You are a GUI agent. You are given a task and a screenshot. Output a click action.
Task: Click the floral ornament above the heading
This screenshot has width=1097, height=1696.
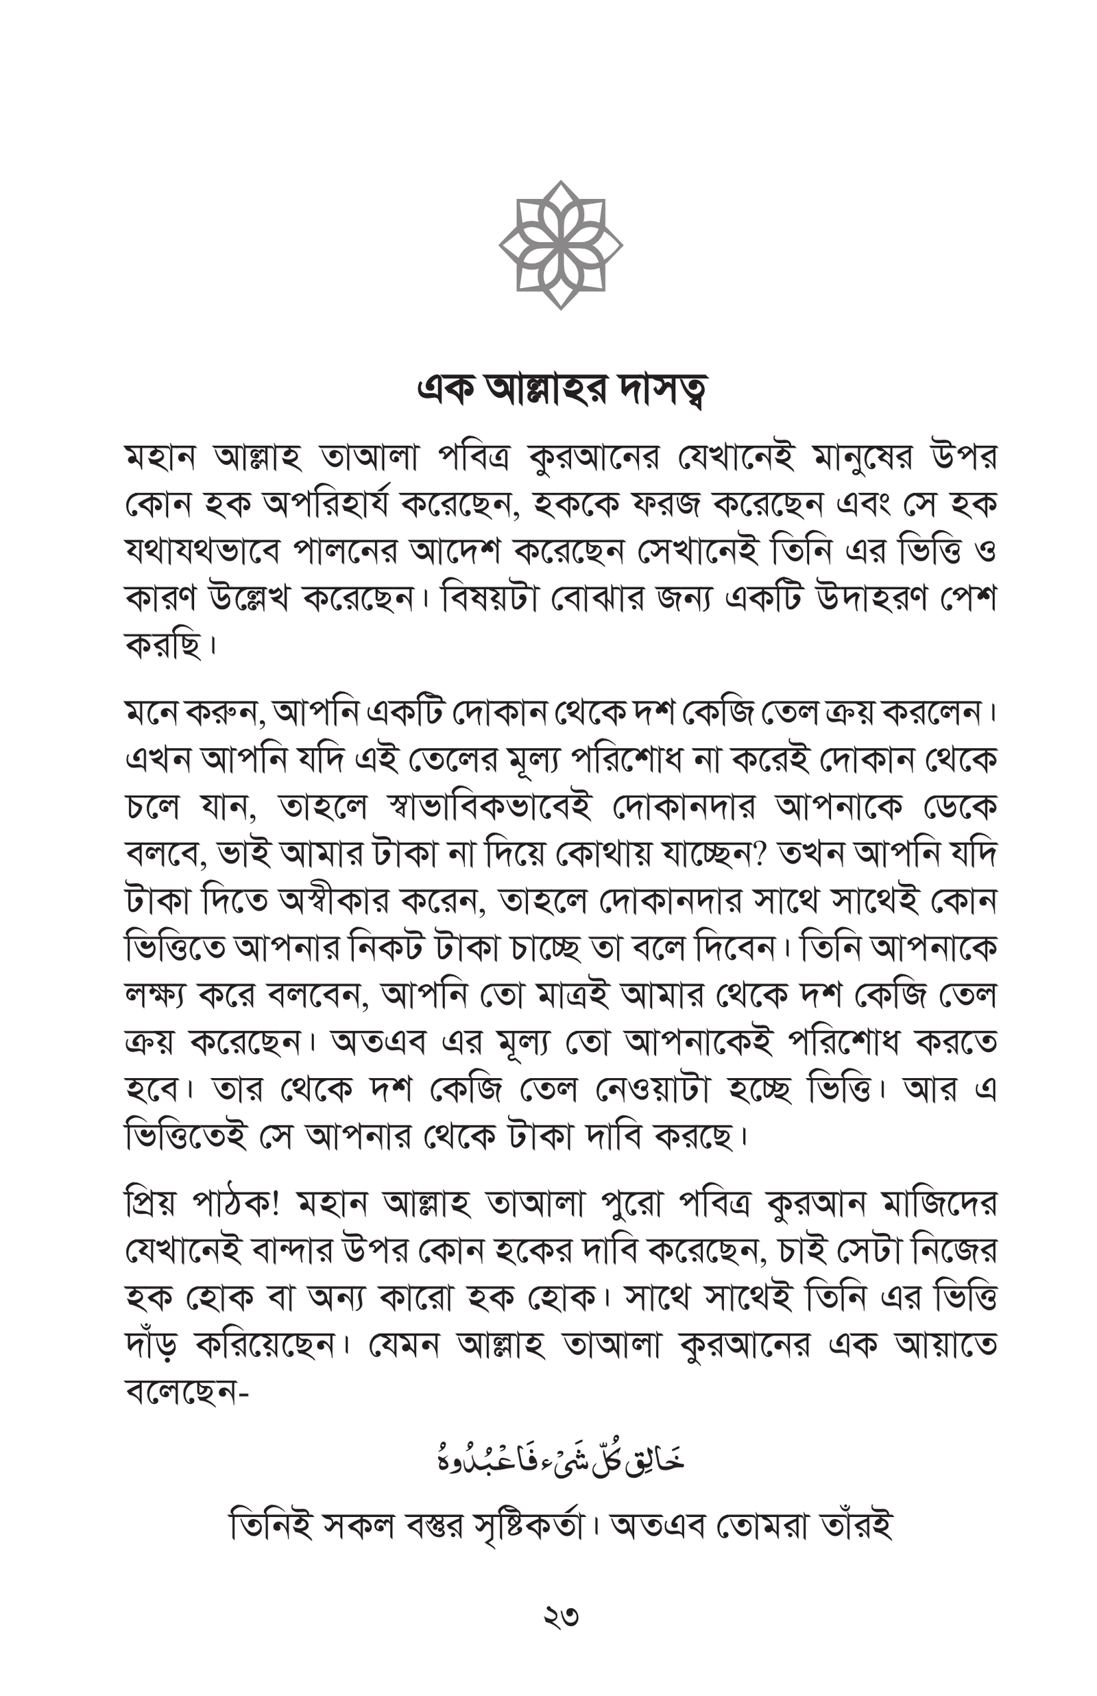pyautogui.click(x=561, y=245)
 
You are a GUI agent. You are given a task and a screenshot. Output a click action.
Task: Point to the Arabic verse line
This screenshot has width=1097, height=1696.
pyautogui.click(x=561, y=1460)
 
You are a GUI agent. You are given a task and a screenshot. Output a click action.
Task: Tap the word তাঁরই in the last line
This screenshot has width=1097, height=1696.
pyautogui.click(x=856, y=1527)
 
